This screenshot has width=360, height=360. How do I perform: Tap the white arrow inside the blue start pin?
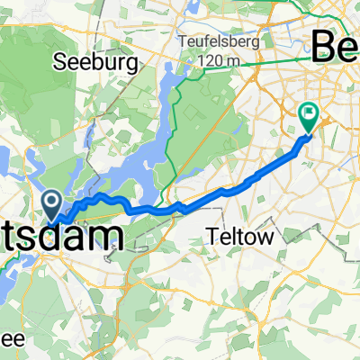click(x=52, y=200)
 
